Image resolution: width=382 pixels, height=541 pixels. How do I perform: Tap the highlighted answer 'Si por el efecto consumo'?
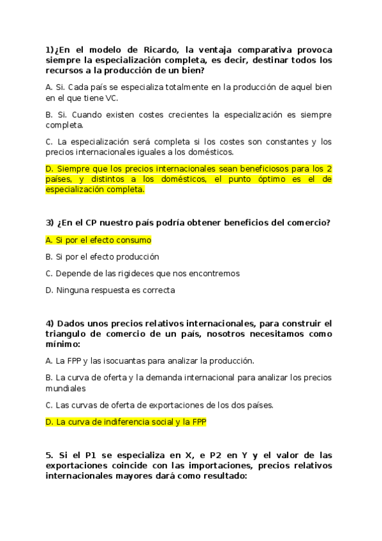[x=99, y=240]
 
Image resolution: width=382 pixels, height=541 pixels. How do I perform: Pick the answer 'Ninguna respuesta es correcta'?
[x=110, y=290]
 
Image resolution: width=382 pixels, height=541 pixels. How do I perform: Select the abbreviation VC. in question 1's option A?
[x=109, y=98]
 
